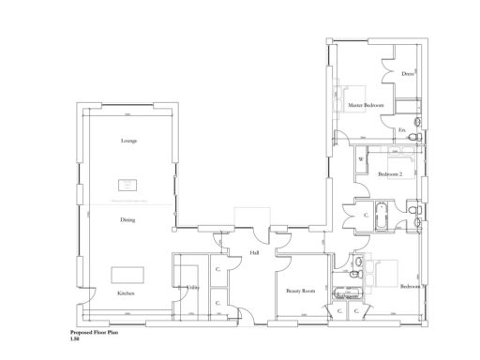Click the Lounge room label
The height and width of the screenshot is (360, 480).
pos(128,141)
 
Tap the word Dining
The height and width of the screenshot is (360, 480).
pos(127,220)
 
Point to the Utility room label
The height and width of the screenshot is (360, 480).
pos(192,287)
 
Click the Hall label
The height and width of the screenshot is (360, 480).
pos(254,253)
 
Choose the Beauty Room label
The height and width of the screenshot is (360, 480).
pos(300,292)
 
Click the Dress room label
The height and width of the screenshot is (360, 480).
pos(408,73)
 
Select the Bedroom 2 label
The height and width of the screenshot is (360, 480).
pos(390,174)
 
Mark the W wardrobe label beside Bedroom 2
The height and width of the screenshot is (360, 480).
pos(360,159)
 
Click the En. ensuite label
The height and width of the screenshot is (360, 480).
pos(402,129)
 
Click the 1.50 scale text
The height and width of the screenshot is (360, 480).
pos(75,338)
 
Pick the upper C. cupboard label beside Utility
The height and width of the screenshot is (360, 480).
pos(217,270)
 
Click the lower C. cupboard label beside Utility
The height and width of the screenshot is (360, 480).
pos(217,303)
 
